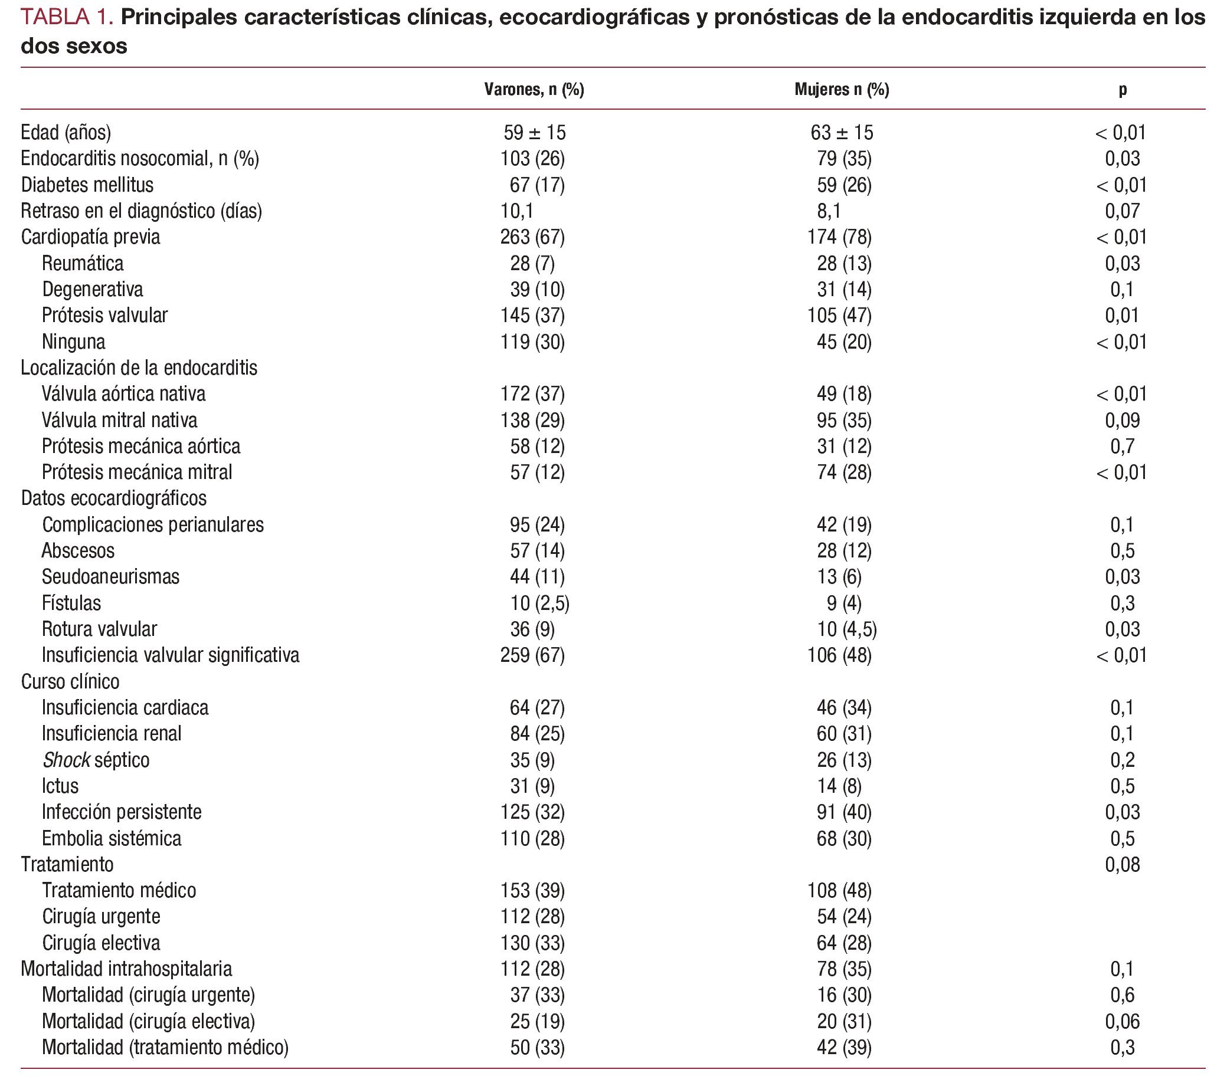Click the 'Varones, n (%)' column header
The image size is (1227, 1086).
tap(534, 90)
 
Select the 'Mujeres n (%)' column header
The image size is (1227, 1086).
tap(842, 90)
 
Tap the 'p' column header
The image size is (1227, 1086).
tap(1122, 90)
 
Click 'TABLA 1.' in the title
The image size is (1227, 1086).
tap(67, 17)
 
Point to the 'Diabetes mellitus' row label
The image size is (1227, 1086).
tap(87, 185)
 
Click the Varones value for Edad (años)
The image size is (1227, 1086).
tap(534, 133)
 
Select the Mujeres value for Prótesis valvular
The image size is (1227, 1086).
tap(839, 316)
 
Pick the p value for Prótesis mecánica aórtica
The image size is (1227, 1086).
tap(1122, 447)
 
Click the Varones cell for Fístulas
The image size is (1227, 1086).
tap(539, 603)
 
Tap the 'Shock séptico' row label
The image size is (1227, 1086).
tap(96, 760)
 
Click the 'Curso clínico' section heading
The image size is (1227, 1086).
tap(70, 681)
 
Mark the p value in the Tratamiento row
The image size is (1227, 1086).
tap(1122, 865)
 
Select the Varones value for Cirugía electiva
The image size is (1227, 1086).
tap(532, 943)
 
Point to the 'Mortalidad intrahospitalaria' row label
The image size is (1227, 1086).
tap(126, 969)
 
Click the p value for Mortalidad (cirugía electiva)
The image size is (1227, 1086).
tap(1122, 1021)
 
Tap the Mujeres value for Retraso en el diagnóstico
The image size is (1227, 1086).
tap(829, 211)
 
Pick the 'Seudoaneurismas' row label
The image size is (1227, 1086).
tap(110, 576)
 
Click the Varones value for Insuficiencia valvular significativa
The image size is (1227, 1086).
tap(532, 655)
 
